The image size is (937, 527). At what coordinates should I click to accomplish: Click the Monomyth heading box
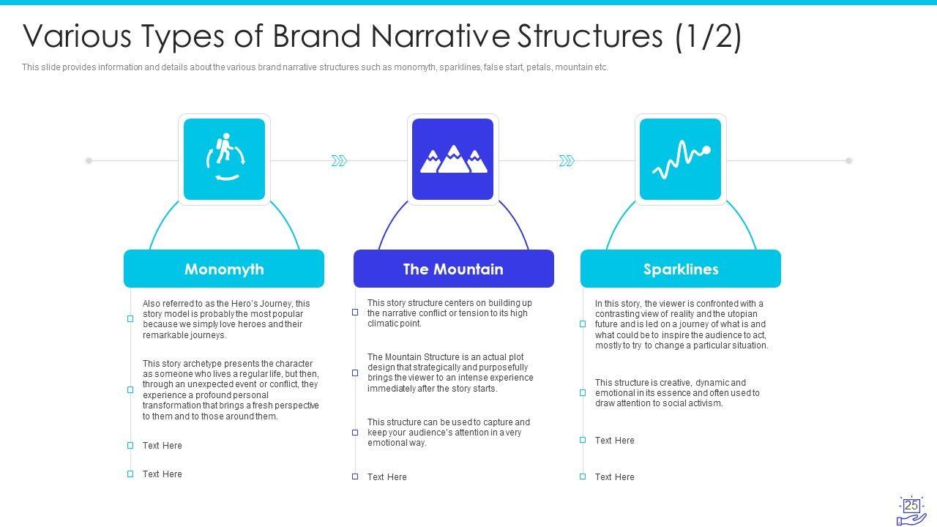[224, 269]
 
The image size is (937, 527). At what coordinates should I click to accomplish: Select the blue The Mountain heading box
[453, 269]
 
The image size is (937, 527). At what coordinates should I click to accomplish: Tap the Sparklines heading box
[681, 269]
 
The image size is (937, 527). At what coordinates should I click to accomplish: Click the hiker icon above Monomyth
[224, 159]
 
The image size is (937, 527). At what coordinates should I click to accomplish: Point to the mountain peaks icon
[452, 159]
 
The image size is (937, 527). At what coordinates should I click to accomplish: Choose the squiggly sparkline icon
[681, 159]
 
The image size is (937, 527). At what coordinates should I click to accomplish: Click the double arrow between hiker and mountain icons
[339, 160]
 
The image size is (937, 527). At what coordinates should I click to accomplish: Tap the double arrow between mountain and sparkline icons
[567, 160]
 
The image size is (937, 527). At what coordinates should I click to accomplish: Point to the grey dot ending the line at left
[89, 160]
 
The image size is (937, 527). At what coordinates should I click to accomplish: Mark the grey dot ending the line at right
[849, 160]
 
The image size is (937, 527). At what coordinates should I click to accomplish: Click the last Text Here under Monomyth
[163, 474]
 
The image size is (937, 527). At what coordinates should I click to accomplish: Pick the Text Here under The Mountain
[387, 477]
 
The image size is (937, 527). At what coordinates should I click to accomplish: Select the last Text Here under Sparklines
[615, 477]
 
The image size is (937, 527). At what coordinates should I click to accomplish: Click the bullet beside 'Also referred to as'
[130, 318]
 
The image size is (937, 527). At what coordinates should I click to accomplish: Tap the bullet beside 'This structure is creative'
[583, 392]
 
